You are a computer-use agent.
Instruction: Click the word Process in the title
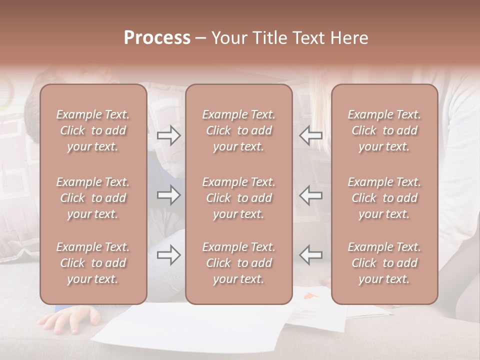pyautogui.click(x=157, y=38)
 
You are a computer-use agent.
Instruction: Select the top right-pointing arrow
pyautogui.click(x=168, y=135)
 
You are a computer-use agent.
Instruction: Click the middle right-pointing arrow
pyautogui.click(x=168, y=195)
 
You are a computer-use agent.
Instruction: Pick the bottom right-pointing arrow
pyautogui.click(x=168, y=255)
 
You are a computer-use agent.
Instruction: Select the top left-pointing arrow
pyautogui.click(x=310, y=135)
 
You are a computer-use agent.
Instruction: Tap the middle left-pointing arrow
pyautogui.click(x=310, y=195)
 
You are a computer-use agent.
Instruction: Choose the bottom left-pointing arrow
pyautogui.click(x=310, y=255)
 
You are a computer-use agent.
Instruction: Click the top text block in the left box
pyautogui.click(x=93, y=130)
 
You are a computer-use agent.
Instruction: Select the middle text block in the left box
pyautogui.click(x=93, y=198)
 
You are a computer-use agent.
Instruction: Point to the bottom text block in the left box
pyautogui.click(x=93, y=263)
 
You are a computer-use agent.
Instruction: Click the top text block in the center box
pyautogui.click(x=239, y=130)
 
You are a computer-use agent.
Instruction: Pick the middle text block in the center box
pyautogui.click(x=239, y=198)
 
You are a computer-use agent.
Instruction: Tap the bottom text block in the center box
pyautogui.click(x=239, y=263)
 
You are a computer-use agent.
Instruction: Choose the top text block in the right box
pyautogui.click(x=384, y=130)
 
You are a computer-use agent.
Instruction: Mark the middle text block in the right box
pyautogui.click(x=384, y=198)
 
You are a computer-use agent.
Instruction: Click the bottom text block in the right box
pyautogui.click(x=384, y=263)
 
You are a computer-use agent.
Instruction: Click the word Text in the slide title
pyautogui.click(x=309, y=38)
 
